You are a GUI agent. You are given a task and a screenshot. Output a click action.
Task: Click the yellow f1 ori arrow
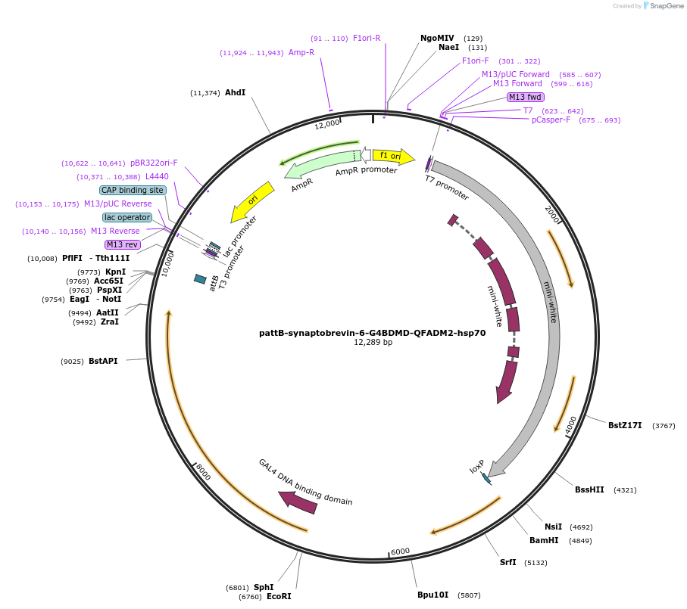pyautogui.click(x=393, y=156)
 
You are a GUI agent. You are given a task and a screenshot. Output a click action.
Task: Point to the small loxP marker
pyautogui.click(x=486, y=478)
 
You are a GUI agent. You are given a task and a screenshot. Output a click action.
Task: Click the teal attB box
pyautogui.click(x=201, y=279)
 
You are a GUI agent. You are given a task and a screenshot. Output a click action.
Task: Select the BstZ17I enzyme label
pyautogui.click(x=625, y=425)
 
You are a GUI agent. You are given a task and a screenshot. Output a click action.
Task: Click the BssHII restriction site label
pyautogui.click(x=589, y=489)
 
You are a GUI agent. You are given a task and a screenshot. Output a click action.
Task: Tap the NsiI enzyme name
pyautogui.click(x=553, y=527)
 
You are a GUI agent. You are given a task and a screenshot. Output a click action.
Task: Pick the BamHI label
pyautogui.click(x=544, y=540)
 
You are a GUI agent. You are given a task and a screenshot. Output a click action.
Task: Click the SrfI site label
pyautogui.click(x=507, y=562)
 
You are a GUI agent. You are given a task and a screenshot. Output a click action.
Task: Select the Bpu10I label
pyautogui.click(x=432, y=595)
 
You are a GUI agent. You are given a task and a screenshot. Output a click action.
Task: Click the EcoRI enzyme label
pyautogui.click(x=279, y=596)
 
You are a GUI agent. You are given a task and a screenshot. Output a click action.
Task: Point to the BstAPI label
pyautogui.click(x=103, y=361)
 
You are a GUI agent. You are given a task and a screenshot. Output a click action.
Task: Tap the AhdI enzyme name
pyautogui.click(x=235, y=92)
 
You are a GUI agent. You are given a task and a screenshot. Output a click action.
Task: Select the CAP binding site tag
pyautogui.click(x=133, y=190)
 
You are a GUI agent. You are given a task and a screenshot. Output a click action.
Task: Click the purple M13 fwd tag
pyautogui.click(x=525, y=97)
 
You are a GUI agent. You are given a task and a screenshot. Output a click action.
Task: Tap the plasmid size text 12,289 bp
pyautogui.click(x=373, y=342)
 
